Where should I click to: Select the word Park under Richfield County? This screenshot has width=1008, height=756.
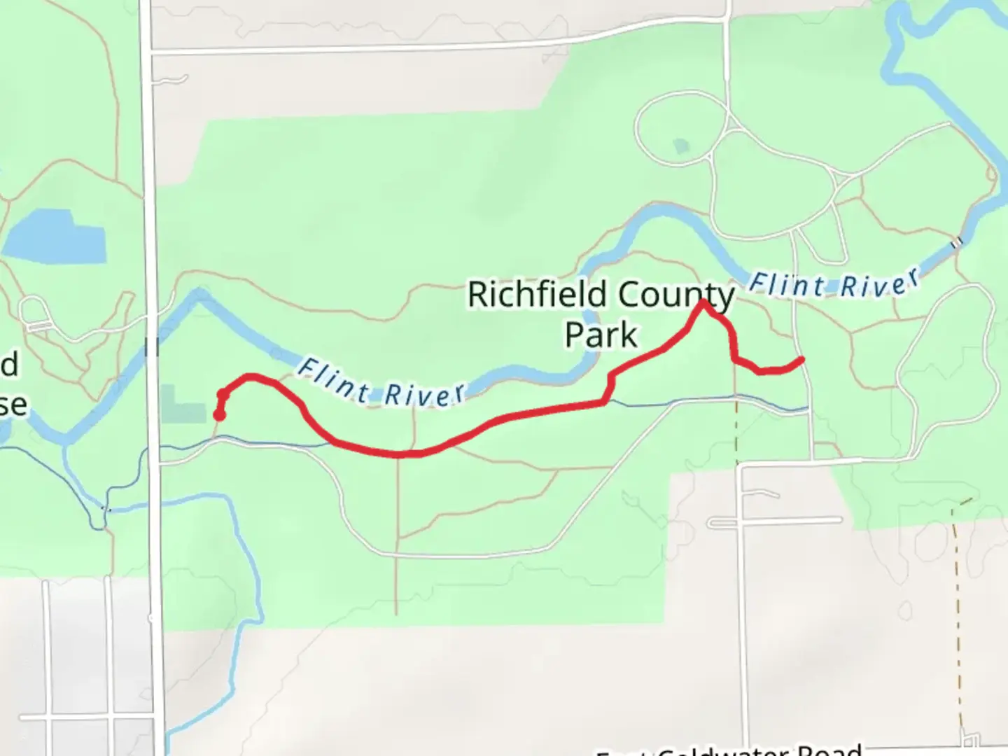click(601, 335)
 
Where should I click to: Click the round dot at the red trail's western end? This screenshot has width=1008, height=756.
click(219, 416)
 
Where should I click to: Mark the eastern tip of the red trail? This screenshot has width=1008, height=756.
click(801, 360)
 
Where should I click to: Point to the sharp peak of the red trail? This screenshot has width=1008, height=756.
click(703, 302)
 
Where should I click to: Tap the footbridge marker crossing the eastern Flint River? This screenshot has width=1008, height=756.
click(956, 243)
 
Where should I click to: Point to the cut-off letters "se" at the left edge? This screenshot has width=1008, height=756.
click(14, 405)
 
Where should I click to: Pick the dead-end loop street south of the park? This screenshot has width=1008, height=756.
click(773, 521)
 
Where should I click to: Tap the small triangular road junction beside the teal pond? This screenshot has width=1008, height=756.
click(732, 125)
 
